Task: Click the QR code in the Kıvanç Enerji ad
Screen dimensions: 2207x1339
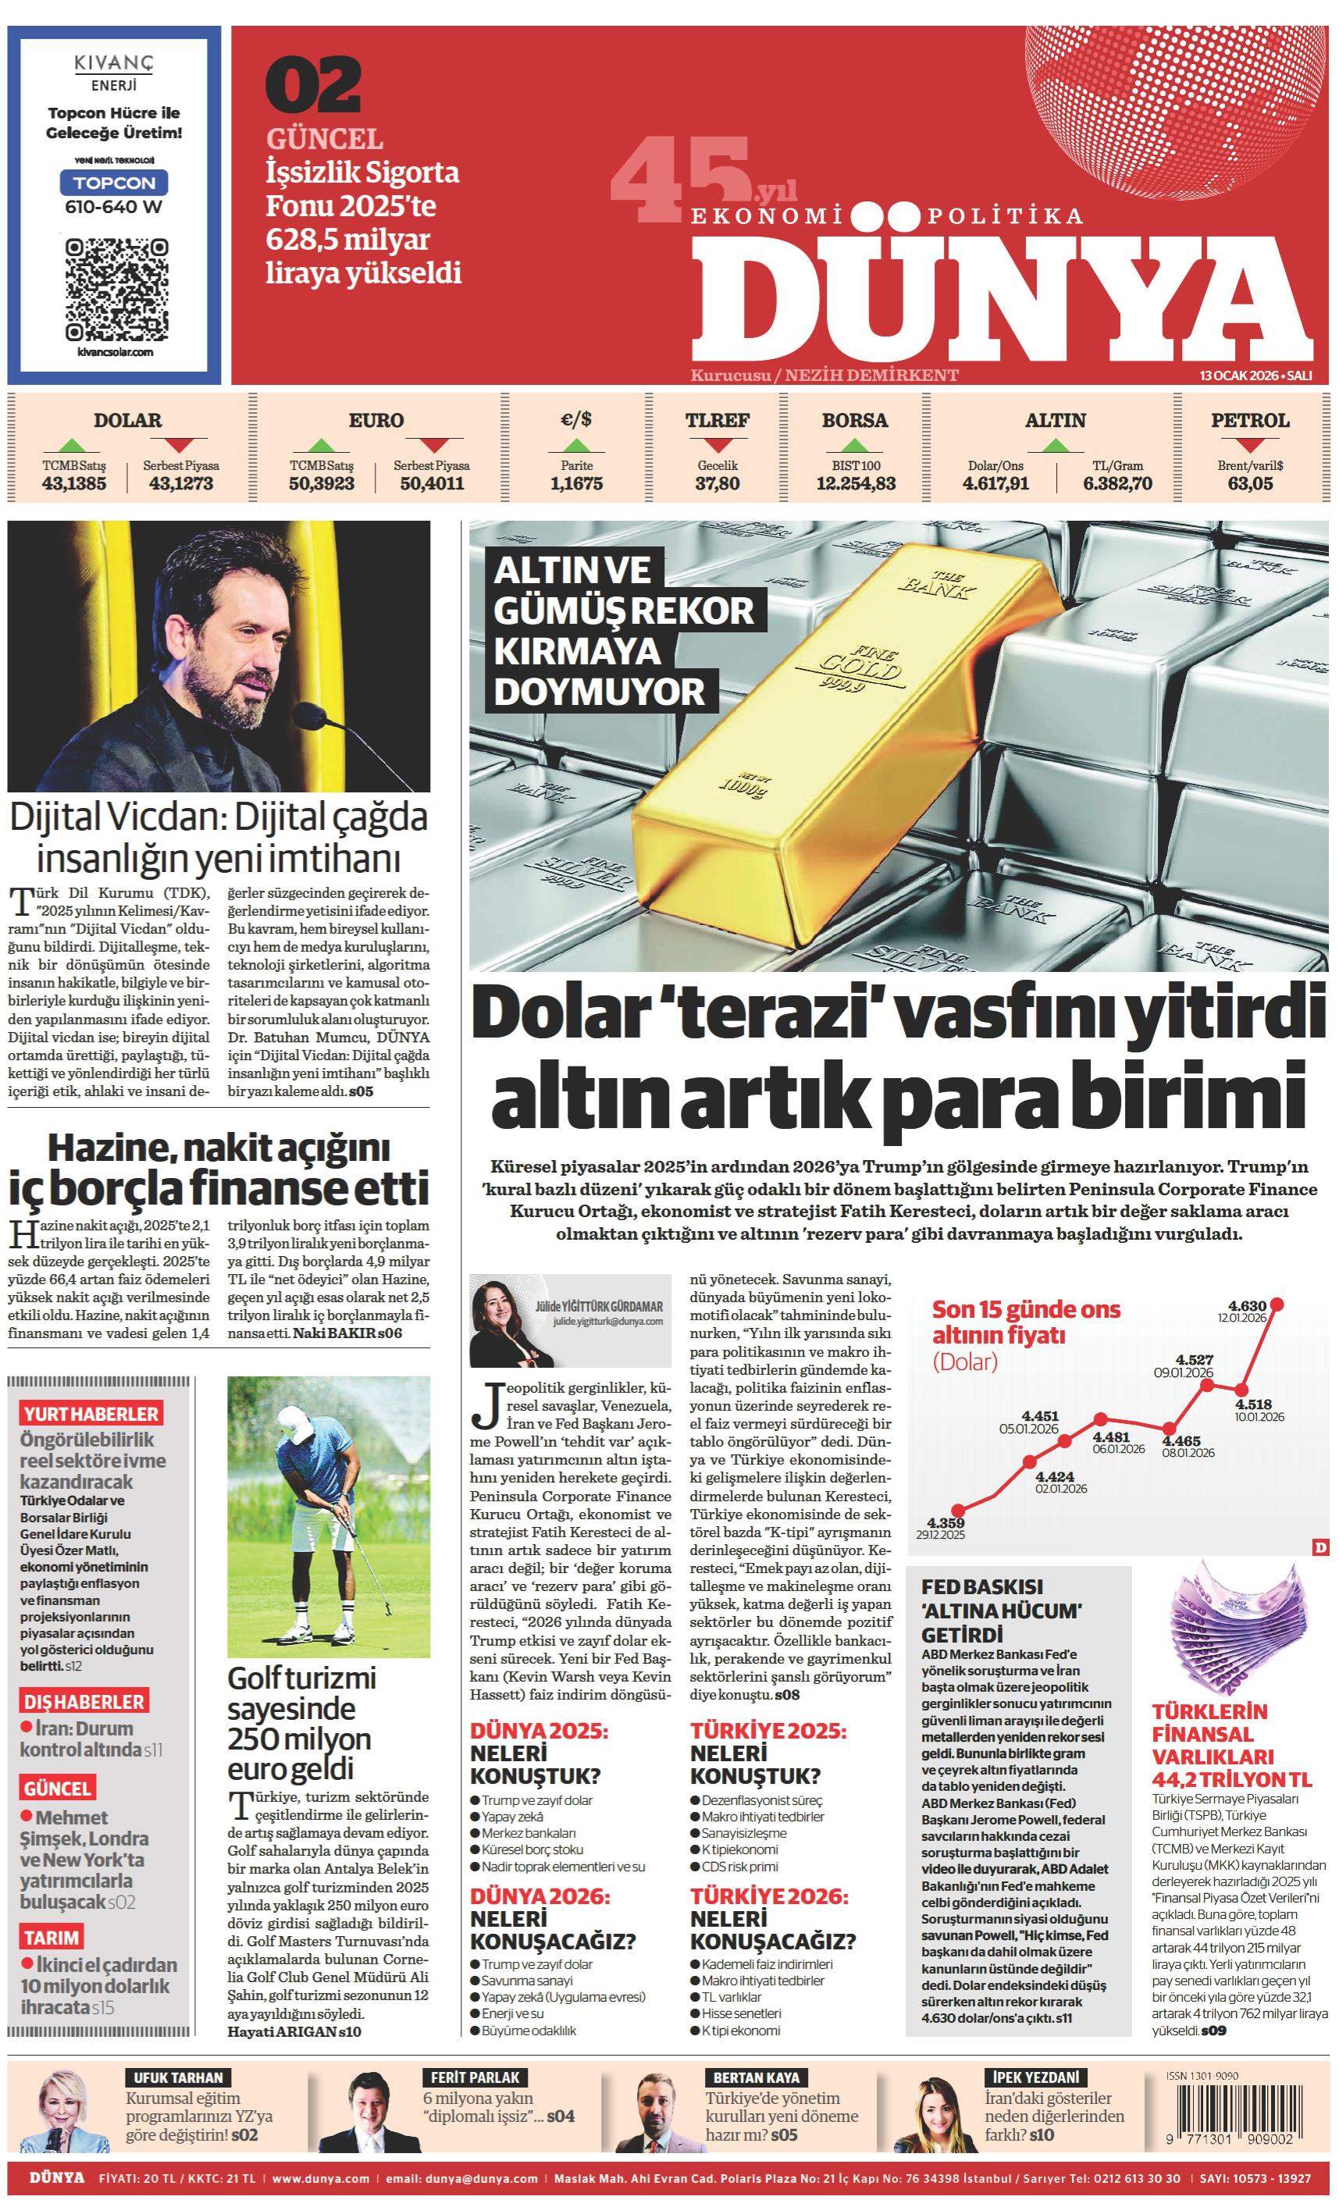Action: click(x=116, y=287)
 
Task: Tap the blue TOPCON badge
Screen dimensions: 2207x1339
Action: click(x=114, y=183)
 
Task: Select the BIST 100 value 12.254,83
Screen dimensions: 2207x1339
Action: click(x=856, y=484)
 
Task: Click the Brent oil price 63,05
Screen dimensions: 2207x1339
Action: click(x=1250, y=484)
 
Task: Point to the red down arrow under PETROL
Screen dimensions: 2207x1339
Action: click(x=1250, y=443)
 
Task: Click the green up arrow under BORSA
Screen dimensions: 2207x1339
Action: click(x=856, y=443)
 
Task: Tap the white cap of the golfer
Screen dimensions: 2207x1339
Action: click(x=296, y=1422)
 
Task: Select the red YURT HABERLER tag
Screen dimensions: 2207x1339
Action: click(x=91, y=1415)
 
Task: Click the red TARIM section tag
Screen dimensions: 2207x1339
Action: click(x=52, y=1938)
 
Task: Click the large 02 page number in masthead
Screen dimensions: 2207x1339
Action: click(x=314, y=85)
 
